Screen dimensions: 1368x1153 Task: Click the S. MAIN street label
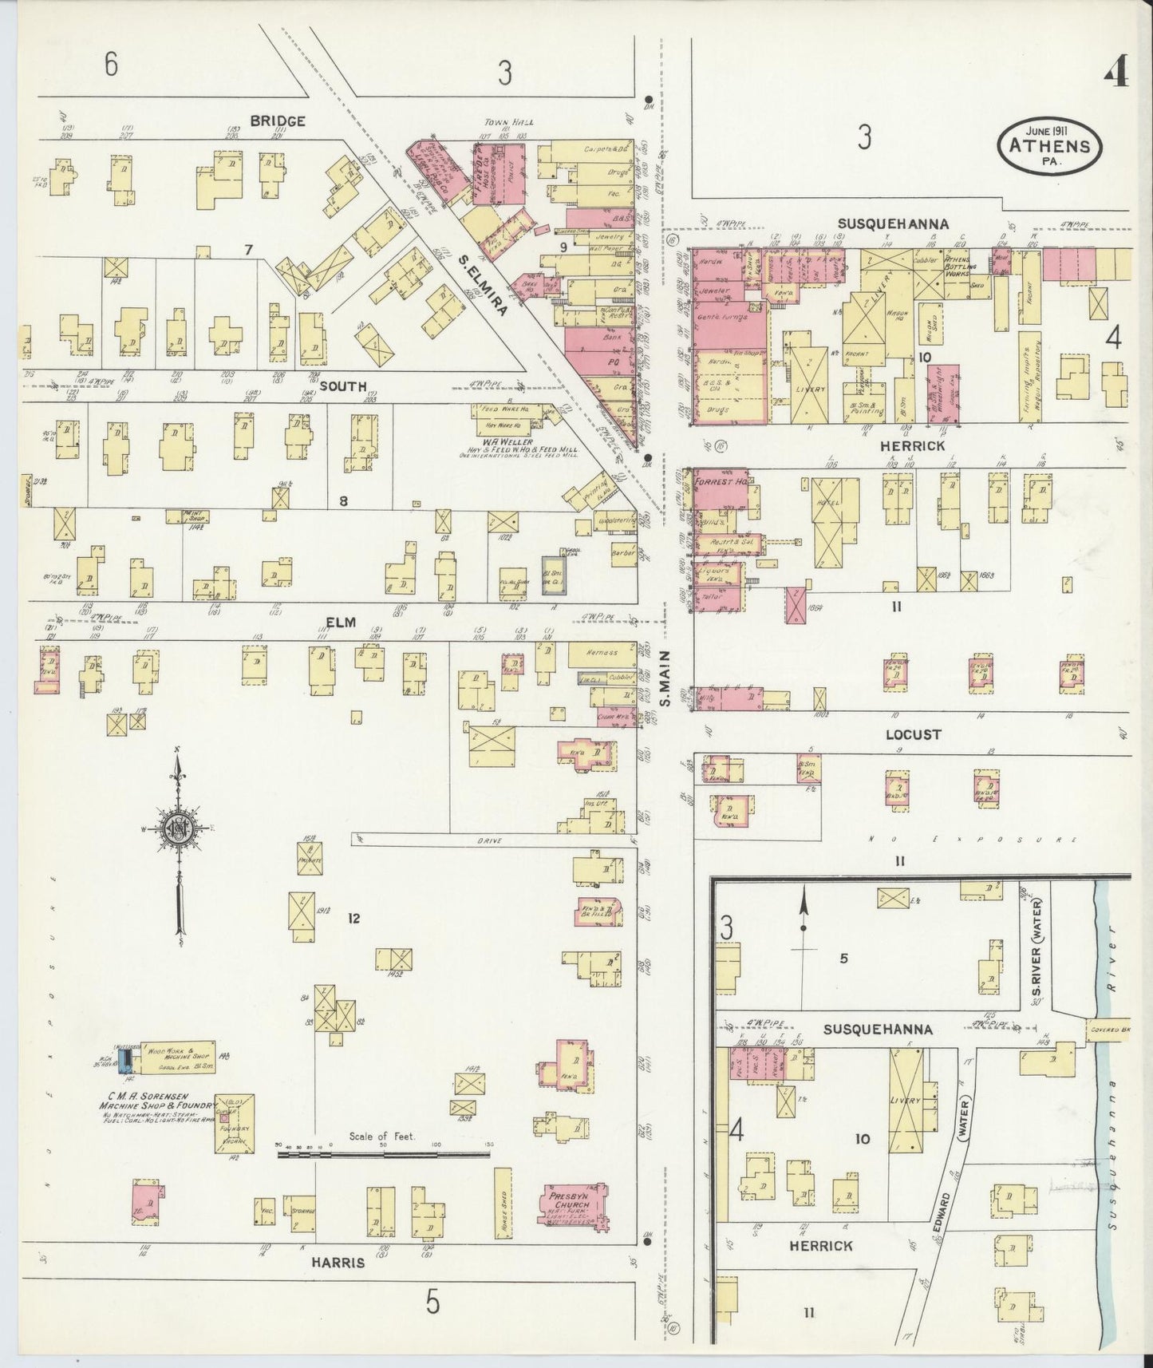click(x=664, y=679)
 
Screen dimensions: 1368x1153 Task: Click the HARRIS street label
click(x=338, y=1263)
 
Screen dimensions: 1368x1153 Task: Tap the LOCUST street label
click(x=912, y=734)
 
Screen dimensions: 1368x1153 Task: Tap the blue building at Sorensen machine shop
click(x=125, y=1061)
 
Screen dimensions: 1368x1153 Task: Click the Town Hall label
click(x=508, y=122)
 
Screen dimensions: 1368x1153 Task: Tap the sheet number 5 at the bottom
click(x=432, y=1303)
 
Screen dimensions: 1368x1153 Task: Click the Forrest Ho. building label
click(x=720, y=482)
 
